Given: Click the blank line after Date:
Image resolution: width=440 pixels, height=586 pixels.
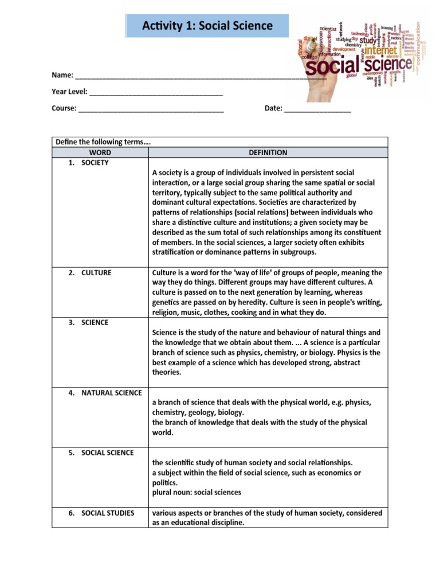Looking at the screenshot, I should pos(317,109).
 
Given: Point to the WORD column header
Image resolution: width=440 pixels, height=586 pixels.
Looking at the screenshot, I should pos(100,153).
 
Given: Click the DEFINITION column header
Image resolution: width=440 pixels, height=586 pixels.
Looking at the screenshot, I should pos(268,153).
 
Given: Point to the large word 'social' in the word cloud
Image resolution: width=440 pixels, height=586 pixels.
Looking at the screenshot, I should pos(333,68).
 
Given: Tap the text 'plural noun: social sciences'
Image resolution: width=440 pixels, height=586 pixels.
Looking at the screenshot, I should pos(197,493).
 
